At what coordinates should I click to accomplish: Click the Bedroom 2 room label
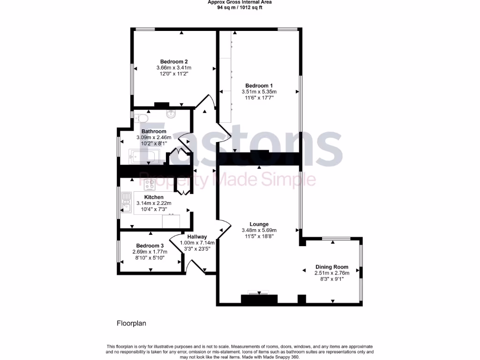(174, 61)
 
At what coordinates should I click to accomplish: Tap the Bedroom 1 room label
(259, 85)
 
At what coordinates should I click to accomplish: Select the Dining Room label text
(331, 266)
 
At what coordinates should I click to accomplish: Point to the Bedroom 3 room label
(150, 246)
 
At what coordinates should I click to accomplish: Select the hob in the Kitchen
(151, 184)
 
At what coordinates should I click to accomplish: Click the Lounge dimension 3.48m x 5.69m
(259, 230)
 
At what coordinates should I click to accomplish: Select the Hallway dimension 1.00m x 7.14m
(197, 243)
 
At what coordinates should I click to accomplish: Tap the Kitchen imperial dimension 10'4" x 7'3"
(154, 209)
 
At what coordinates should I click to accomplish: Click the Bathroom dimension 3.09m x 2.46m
(154, 137)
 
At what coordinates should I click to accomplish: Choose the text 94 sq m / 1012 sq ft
(240, 7)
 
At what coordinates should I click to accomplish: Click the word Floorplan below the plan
(132, 323)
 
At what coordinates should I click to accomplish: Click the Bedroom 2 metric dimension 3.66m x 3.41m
(174, 68)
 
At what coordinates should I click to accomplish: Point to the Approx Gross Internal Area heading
(240, 2)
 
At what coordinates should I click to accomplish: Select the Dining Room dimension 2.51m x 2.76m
(331, 272)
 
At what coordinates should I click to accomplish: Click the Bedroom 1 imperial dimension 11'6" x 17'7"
(259, 98)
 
